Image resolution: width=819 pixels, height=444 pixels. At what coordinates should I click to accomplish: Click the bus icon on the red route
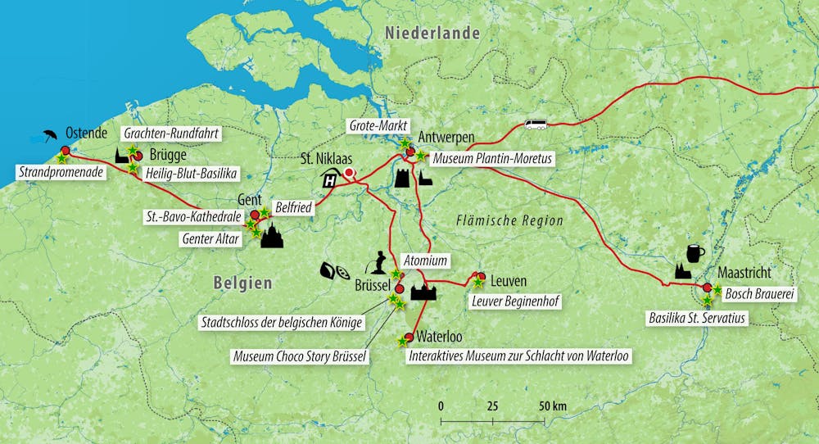coord(536,125)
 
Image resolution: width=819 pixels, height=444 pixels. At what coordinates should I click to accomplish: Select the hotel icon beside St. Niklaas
coord(331,181)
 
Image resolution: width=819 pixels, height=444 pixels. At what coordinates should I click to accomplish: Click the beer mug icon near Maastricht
coord(696,252)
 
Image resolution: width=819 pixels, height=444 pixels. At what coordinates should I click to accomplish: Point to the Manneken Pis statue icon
coord(380,264)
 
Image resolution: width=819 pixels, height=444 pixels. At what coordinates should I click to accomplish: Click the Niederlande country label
coord(432,34)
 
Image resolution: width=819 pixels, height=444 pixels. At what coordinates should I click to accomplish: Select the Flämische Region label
coord(509,221)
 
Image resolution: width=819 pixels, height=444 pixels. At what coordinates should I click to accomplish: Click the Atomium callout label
coord(427,261)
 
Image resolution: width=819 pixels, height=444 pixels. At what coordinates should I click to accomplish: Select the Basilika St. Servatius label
coord(697,317)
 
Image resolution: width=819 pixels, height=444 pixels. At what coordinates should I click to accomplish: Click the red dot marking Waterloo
coord(408,337)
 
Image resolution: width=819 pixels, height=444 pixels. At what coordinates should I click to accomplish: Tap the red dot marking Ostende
coord(65,150)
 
